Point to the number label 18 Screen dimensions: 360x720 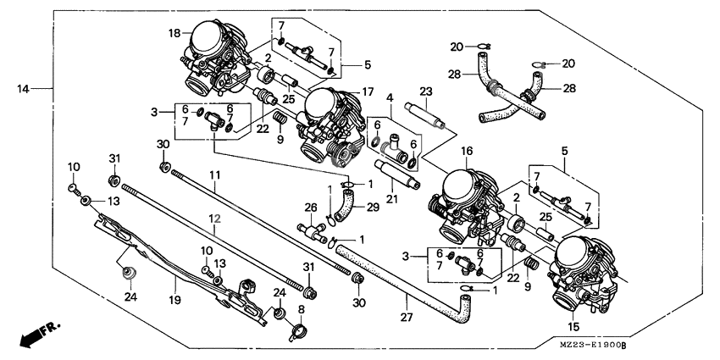point(174,33)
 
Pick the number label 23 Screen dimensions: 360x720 point(426,91)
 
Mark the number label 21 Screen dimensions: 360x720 point(391,198)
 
